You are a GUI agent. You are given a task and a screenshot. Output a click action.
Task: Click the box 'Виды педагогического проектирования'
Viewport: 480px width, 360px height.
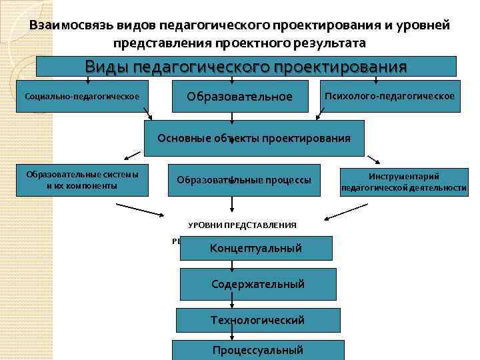[246, 66]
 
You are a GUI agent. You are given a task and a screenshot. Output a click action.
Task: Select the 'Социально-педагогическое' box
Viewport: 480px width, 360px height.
[82, 97]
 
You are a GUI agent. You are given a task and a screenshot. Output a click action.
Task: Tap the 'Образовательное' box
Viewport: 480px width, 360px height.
[240, 97]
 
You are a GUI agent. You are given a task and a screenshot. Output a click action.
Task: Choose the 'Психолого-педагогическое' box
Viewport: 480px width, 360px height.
[389, 96]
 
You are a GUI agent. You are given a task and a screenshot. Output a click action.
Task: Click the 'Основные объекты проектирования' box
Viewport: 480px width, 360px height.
[254, 138]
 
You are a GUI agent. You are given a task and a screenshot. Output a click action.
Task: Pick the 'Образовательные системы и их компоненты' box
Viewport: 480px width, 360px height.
[82, 180]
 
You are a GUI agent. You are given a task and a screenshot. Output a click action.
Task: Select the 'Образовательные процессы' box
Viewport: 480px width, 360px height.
[244, 180]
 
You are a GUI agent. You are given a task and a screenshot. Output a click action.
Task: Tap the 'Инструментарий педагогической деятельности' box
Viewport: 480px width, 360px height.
[403, 181]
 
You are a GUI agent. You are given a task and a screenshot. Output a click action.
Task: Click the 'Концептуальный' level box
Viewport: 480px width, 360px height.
[256, 248]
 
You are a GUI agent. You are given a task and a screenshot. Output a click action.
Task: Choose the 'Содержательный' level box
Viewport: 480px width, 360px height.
[257, 284]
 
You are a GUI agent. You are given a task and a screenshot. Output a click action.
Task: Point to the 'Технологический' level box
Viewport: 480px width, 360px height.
[257, 320]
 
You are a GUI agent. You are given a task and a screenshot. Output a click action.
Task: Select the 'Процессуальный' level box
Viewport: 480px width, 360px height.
[258, 350]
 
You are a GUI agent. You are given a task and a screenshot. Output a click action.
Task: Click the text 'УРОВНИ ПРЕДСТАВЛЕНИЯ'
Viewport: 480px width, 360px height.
[242, 225]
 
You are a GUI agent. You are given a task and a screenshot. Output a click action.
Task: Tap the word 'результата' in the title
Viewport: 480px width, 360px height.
[333, 43]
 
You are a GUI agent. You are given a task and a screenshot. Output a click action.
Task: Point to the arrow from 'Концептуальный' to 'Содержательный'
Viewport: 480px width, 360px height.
[232, 265]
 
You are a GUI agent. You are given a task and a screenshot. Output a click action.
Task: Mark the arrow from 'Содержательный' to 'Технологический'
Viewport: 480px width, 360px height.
[232, 301]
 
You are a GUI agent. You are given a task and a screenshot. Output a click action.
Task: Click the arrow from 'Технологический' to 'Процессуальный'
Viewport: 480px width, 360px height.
[232, 335]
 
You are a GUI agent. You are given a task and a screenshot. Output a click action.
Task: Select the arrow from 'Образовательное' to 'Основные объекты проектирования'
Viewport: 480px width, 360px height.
[232, 118]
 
